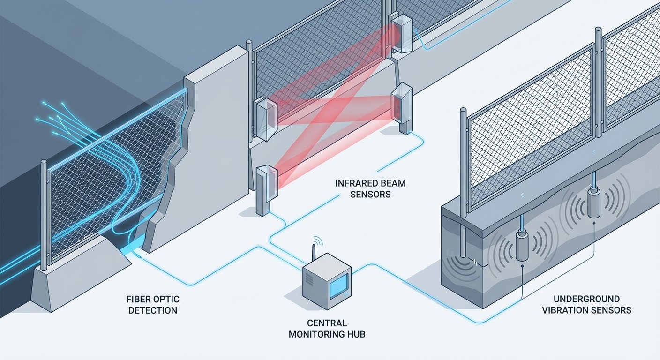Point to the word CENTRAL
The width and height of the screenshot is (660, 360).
(x=327, y=323)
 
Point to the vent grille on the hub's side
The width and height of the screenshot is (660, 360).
(x=310, y=281)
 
